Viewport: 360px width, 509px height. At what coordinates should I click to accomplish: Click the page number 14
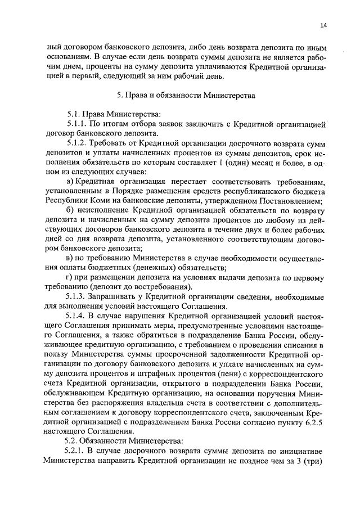[x=324, y=25]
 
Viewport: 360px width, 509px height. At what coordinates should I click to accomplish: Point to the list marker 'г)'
[x=69, y=277]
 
